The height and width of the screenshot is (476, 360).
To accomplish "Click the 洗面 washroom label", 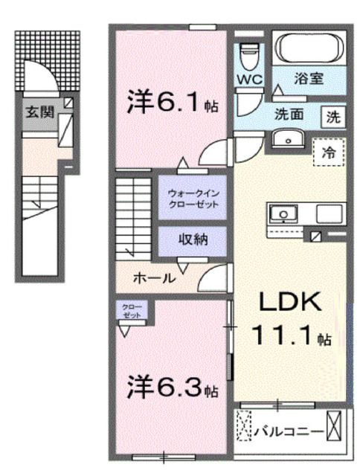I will coord(287,116).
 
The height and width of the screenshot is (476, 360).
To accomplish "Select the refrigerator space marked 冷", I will coord(328,152).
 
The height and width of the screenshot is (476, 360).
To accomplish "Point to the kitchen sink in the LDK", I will coord(283,214).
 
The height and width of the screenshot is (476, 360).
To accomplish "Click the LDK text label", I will coord(289,303).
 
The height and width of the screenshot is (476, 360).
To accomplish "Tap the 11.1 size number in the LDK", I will coord(283,338).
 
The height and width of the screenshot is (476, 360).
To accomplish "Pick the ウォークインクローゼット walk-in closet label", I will coord(192,199).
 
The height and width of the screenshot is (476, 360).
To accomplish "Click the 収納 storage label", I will coord(192,239).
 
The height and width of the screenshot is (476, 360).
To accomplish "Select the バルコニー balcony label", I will coord(289,429).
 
